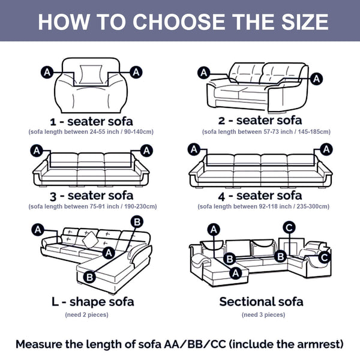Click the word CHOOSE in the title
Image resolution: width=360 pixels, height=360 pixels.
coord(179,22)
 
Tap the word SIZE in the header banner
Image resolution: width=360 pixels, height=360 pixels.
coord(305,22)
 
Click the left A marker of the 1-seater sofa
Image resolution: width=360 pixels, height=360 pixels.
coord(47,73)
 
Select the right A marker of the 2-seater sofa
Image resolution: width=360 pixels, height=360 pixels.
coord(317,79)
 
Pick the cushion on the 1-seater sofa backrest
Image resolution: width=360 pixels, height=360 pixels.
coord(91,74)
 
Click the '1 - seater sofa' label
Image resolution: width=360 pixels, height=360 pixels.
coord(91,121)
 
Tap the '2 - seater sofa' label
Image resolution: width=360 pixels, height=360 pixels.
coord(260,121)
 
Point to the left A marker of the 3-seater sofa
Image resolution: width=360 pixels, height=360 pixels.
coord(37,151)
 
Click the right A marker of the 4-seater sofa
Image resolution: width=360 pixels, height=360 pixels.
coord(326,149)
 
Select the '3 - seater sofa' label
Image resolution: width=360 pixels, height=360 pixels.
coord(91,196)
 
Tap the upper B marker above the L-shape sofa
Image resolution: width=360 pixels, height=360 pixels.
coord(137,222)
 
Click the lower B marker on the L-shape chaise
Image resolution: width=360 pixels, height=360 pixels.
coord(89,277)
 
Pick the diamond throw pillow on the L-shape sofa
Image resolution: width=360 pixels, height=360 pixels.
coord(90,239)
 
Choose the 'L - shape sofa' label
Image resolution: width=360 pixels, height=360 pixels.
coord(93,302)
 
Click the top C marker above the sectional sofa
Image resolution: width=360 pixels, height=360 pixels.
coord(289,228)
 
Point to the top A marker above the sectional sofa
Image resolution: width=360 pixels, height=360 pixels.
coord(214,229)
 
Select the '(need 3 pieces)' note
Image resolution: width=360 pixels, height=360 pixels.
coord(263,314)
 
